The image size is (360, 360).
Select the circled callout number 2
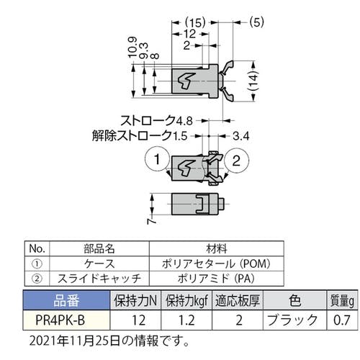tap(240, 160)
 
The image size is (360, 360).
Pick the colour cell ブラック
tap(292, 318)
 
